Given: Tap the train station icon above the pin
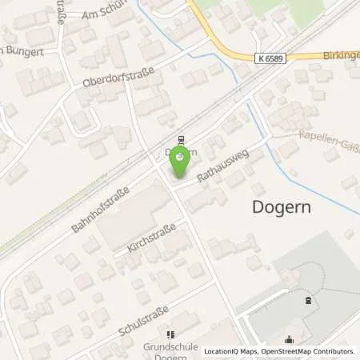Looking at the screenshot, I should pos(182,138).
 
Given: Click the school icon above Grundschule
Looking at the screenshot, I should pos(169,334).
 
